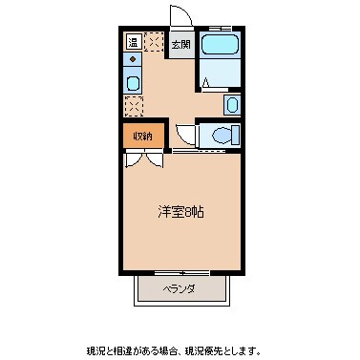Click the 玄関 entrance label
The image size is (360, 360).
[180, 44]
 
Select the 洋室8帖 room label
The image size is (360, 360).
[180, 211]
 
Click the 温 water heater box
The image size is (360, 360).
[133, 42]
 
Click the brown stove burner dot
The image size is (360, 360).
[133, 60]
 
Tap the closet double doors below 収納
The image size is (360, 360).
[142, 159]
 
